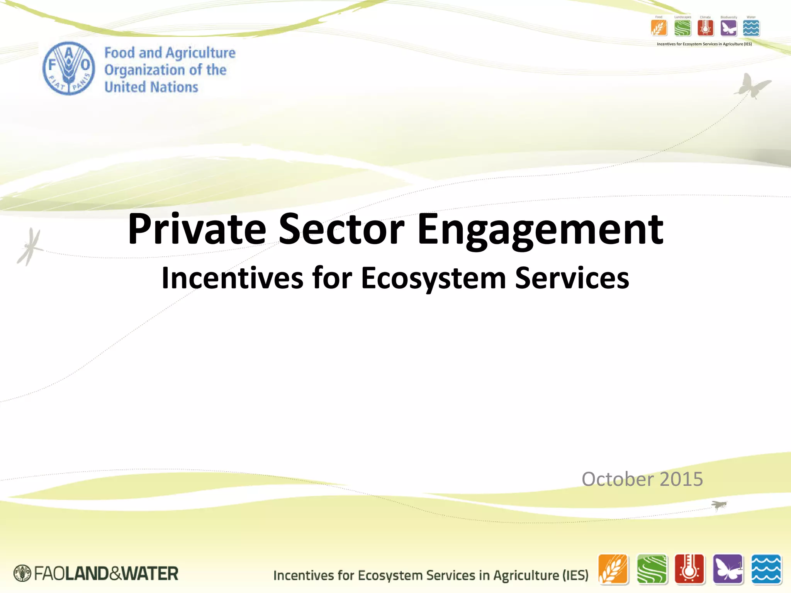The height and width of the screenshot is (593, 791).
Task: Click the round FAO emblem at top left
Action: pyautogui.click(x=69, y=68)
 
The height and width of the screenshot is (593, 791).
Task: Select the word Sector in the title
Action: pyautogui.click(x=341, y=229)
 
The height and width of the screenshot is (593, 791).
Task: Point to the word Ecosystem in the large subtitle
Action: pyautogui.click(x=433, y=278)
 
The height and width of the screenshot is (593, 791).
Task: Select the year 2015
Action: pyautogui.click(x=681, y=479)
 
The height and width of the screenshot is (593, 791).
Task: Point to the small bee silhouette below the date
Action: pyautogui.click(x=719, y=505)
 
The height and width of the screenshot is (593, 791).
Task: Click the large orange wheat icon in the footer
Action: pyautogui.click(x=613, y=569)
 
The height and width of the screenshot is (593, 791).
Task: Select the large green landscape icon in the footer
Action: pyautogui.click(x=652, y=569)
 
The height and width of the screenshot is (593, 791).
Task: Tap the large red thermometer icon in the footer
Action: pyautogui.click(x=689, y=569)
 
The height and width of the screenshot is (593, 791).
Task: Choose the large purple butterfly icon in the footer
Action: pyautogui.click(x=728, y=569)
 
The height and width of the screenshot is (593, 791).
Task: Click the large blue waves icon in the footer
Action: pyautogui.click(x=766, y=569)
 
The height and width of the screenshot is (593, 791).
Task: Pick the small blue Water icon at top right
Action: pyautogui.click(x=751, y=28)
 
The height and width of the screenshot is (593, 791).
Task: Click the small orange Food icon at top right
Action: pyautogui.click(x=659, y=28)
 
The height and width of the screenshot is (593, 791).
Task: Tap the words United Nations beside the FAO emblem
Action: pyautogui.click(x=151, y=87)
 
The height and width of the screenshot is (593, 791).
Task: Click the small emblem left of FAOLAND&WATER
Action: pyautogui.click(x=22, y=573)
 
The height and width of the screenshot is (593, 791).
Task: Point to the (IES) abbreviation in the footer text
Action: pyautogui.click(x=575, y=575)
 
